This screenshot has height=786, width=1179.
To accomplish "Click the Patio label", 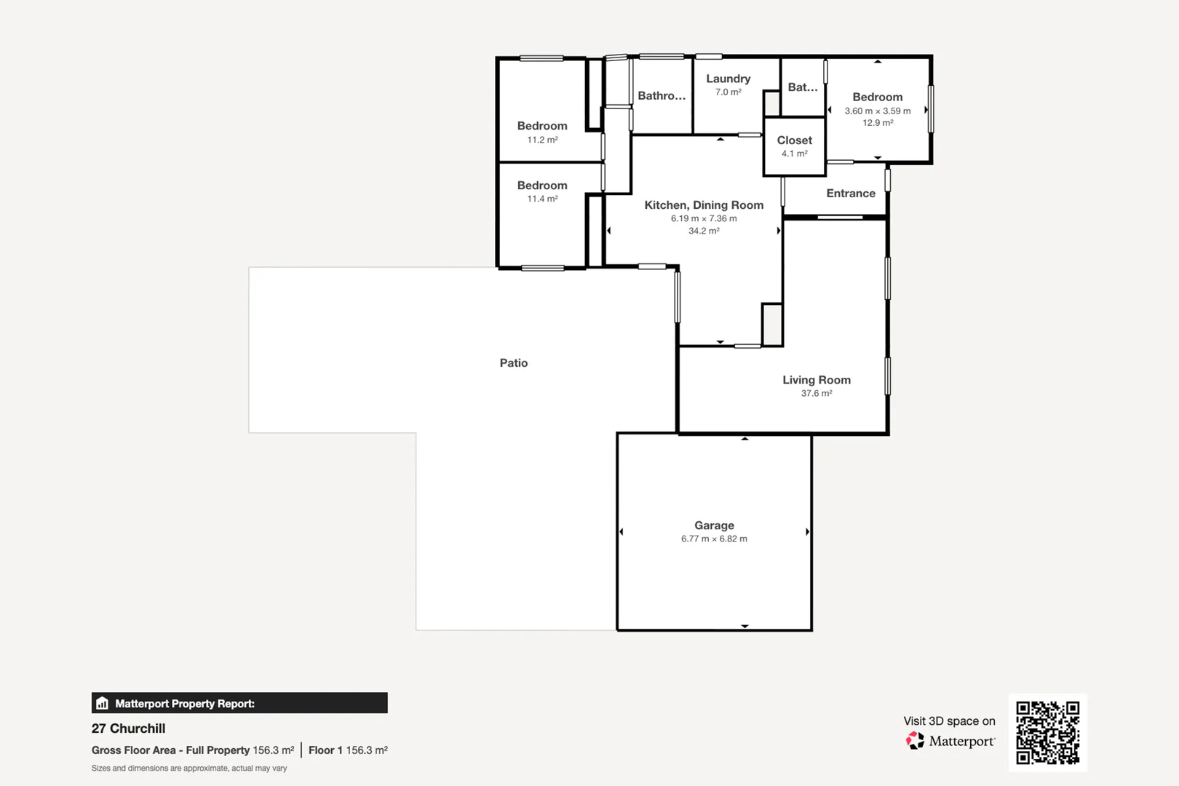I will coord(513,362).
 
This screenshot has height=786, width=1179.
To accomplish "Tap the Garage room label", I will coord(714,525).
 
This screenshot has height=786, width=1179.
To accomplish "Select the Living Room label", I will coord(816,379).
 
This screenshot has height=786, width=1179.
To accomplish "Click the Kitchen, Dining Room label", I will coord(704,205).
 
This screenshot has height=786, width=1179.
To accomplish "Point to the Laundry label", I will coord(728,79).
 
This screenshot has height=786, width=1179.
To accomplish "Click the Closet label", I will coord(794,140).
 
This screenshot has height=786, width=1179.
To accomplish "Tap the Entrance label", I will coord(850,193).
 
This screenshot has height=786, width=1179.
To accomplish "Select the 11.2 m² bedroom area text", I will coord(542,140).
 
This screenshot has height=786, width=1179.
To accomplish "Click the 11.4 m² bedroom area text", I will coord(542,199).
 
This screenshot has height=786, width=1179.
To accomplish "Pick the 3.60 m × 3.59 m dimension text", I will coord(877,111).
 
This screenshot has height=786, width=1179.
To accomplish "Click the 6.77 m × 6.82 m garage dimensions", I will coord(714,539).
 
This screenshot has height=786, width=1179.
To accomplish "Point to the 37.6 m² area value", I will coord(816,393).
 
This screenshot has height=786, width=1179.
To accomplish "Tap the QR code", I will coord(1047,732).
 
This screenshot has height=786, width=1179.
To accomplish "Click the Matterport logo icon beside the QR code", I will coord(915,741).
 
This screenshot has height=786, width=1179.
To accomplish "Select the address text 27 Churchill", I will coord(128,729).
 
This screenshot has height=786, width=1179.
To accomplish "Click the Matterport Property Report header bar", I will coord(240,703).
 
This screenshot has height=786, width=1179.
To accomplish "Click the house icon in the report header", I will coord(103,703).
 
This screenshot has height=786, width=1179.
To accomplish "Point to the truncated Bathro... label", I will coord(661,95).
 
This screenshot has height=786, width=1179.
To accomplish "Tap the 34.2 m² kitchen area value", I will coord(704,231).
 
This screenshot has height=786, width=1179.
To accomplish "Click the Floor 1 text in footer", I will coord(325,750).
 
